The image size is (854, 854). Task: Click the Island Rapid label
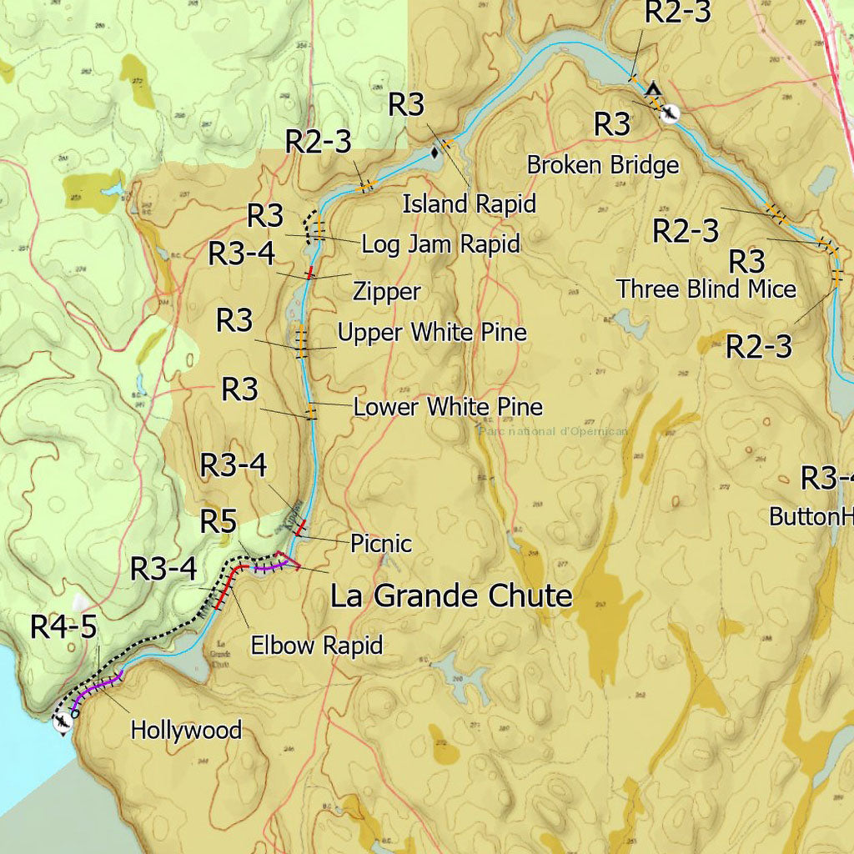(469, 203)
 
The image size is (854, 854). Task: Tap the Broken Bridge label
(602, 165)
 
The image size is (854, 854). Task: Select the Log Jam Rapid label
(440, 244)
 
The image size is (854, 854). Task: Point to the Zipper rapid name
(386, 292)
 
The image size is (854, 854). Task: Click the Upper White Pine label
(432, 333)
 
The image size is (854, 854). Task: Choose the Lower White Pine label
(448, 407)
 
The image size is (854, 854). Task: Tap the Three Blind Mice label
(706, 289)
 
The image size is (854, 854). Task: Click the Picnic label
(381, 544)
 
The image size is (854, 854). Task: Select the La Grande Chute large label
(451, 596)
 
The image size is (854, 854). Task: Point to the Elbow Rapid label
(317, 646)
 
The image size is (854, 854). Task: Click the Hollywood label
(186, 731)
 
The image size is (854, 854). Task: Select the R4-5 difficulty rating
(64, 626)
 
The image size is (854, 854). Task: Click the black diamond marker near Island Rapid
(435, 153)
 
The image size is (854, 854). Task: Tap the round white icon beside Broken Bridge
(669, 114)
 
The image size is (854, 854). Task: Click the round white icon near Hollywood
(62, 724)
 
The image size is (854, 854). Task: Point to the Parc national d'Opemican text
(551, 431)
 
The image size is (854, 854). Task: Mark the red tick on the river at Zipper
(310, 272)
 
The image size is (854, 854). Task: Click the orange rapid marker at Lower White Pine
(311, 411)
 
